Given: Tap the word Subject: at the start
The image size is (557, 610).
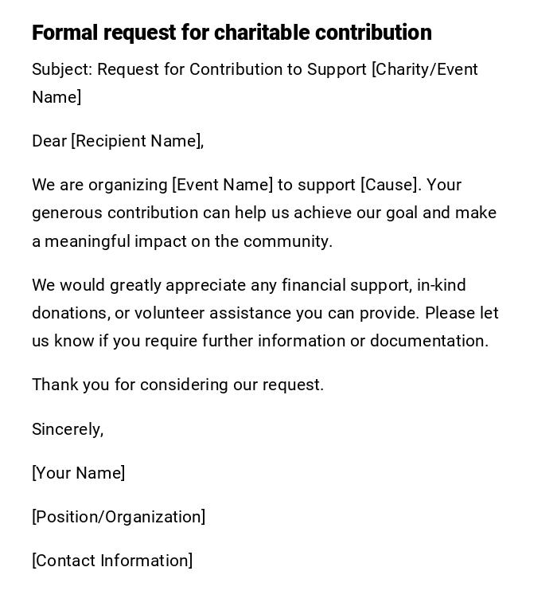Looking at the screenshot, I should click(63, 69).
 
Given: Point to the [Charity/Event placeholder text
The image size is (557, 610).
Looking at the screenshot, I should click(425, 69).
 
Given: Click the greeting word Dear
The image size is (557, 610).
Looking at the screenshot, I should click(49, 141).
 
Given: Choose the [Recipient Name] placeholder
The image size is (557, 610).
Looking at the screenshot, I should click(138, 141).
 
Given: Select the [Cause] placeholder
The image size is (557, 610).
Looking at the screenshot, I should click(390, 185).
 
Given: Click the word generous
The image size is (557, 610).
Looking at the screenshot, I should click(67, 213).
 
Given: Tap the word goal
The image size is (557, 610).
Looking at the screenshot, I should click(402, 213).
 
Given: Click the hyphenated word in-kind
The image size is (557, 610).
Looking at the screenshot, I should click(442, 285).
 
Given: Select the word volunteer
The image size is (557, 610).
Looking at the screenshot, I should click(169, 313).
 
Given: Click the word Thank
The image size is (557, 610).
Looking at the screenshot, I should click(54, 385).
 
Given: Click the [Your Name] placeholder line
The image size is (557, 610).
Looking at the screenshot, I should click(79, 473).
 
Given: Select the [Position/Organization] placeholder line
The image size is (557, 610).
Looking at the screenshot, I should click(119, 517).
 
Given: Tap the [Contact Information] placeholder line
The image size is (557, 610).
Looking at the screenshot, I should click(112, 561).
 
